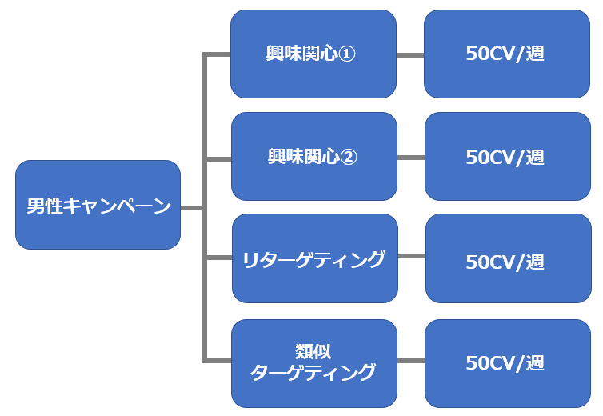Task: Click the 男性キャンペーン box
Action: click(98, 205)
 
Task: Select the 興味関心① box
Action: click(313, 54)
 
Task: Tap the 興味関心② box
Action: click(313, 156)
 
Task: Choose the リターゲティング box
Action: click(314, 258)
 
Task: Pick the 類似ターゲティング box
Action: click(313, 362)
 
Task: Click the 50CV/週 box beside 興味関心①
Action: click(507, 54)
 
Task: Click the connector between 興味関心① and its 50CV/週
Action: click(409, 54)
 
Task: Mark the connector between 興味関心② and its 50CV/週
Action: click(410, 157)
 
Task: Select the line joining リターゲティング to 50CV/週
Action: click(411, 257)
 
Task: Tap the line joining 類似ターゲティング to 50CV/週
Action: click(410, 362)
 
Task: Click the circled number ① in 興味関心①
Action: click(349, 54)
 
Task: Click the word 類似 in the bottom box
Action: click(313, 351)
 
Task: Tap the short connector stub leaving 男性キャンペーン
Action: click(191, 207)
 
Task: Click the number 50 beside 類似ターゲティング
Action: click(477, 362)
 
